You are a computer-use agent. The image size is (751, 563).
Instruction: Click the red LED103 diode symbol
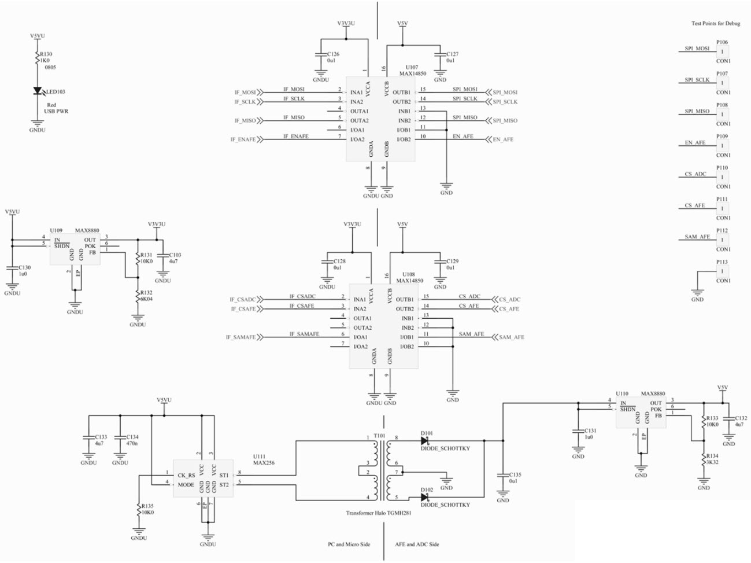pos(38,91)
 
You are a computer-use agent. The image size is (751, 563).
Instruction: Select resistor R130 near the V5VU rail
pos(38,57)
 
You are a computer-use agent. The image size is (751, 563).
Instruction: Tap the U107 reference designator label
pos(412,68)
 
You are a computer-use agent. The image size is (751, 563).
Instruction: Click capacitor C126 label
pos(333,54)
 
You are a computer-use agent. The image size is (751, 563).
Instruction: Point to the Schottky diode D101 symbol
pos(424,441)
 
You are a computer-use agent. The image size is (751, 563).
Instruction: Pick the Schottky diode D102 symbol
pos(424,497)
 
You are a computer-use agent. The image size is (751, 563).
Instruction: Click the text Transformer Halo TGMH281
pos(379,513)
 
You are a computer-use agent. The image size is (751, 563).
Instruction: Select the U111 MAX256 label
pos(264,459)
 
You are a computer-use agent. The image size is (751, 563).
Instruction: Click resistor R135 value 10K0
pos(147,513)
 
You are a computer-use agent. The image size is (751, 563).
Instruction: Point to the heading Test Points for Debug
pos(715,24)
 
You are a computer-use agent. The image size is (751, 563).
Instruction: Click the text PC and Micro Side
pos(349,544)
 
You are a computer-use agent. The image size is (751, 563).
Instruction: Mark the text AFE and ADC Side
pos(417,544)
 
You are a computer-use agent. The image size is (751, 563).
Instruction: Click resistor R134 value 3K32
pos(712,462)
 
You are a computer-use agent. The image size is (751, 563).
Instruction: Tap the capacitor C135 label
pos(515,474)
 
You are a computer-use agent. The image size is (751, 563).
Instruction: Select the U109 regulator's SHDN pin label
pos(61,246)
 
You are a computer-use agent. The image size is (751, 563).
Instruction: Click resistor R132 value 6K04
pos(146,299)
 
